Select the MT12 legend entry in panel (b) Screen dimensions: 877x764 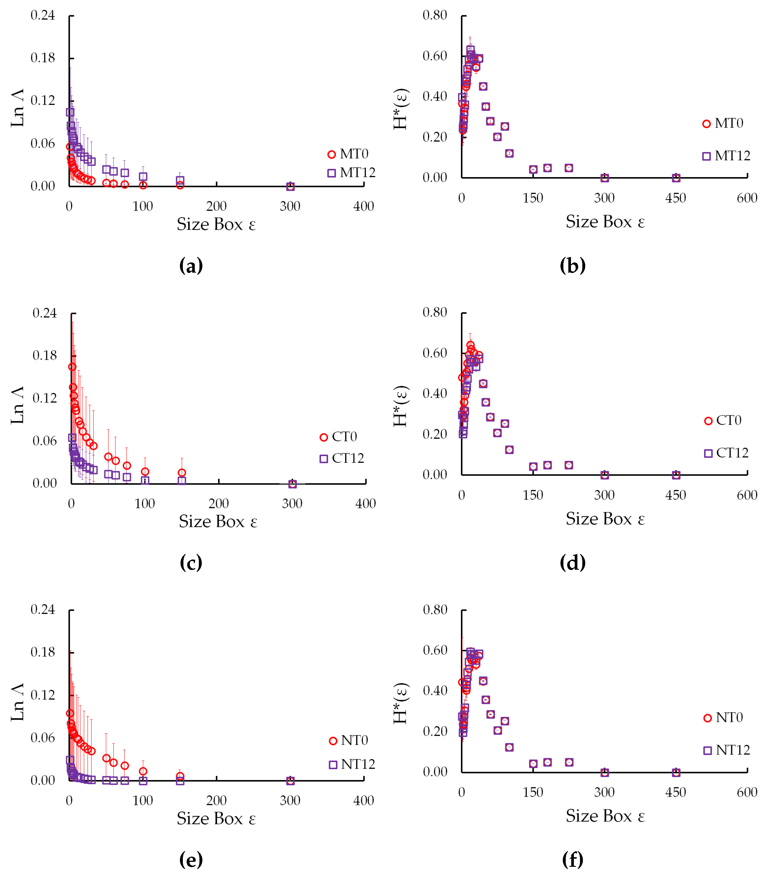click(726, 156)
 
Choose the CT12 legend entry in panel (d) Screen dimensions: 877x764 click(726, 453)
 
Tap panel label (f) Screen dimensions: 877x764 click(573, 860)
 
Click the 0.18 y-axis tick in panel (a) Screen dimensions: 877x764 click(43, 58)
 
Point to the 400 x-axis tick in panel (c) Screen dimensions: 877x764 click(365, 504)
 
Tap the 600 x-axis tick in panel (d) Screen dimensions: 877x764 click(747, 495)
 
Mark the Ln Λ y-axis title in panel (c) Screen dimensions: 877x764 click(17, 405)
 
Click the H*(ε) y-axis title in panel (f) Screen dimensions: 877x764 click(401, 703)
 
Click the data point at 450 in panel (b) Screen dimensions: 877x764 click(676, 178)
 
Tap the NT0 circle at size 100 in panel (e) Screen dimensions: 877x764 click(143, 771)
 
